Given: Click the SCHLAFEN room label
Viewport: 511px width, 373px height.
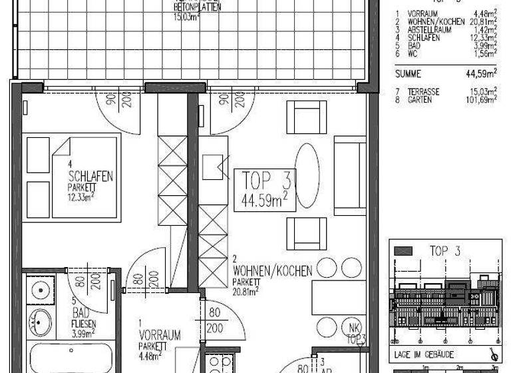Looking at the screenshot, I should click(90, 177).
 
